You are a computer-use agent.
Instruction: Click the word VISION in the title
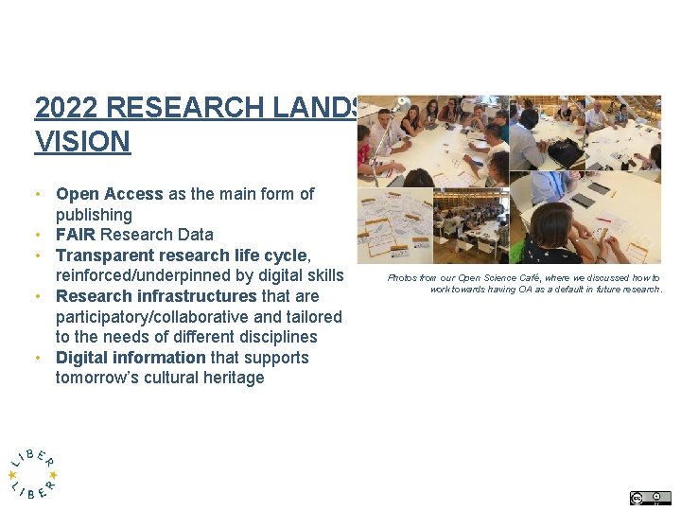click(x=82, y=142)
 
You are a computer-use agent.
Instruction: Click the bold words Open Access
click(x=110, y=194)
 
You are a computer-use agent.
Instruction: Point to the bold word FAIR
click(x=76, y=235)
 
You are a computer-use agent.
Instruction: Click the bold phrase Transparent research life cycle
click(x=182, y=255)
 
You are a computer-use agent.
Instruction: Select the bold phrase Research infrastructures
click(x=156, y=296)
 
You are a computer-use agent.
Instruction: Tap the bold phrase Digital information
click(x=131, y=358)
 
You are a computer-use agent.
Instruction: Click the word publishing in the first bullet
click(x=94, y=215)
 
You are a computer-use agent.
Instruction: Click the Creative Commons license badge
click(x=650, y=498)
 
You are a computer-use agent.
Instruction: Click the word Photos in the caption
click(x=403, y=278)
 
